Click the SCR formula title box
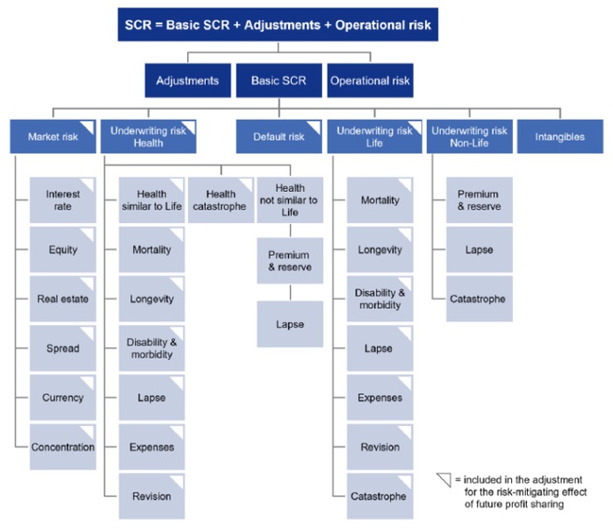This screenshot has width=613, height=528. click(x=278, y=24)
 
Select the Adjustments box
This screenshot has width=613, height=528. click(x=187, y=81)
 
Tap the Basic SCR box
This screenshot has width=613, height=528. click(x=277, y=81)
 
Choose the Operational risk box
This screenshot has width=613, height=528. click(x=371, y=81)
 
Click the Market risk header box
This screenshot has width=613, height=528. click(x=53, y=137)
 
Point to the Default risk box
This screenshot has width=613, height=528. click(x=278, y=137)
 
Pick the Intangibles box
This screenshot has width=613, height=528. click(x=561, y=137)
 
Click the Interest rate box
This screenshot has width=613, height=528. click(x=63, y=200)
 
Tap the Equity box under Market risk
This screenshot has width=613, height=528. click(x=63, y=250)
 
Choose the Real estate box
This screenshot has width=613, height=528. click(x=63, y=300)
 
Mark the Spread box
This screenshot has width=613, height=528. click(x=63, y=348)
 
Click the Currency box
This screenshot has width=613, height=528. click(x=63, y=398)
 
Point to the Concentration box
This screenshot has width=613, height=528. click(x=63, y=447)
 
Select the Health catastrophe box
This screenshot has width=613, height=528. click(x=219, y=199)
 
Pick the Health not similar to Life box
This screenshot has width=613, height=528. click(x=289, y=199)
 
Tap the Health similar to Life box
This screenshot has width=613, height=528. click(x=151, y=199)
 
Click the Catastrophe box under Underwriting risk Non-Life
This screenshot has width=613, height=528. click(x=479, y=299)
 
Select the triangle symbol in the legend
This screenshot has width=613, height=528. click(x=444, y=479)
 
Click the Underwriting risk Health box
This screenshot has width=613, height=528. click(x=148, y=137)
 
